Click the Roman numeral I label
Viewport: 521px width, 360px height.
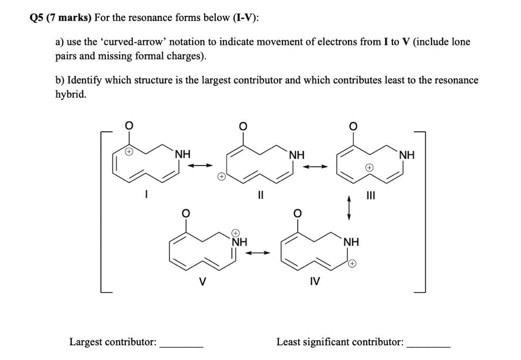point(146,193)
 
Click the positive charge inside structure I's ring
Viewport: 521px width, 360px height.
point(130,152)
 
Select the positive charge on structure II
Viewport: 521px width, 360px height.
point(221,177)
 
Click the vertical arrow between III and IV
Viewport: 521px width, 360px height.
point(349,209)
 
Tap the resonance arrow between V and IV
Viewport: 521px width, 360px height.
point(259,253)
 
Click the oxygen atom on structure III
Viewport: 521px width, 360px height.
point(355,126)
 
